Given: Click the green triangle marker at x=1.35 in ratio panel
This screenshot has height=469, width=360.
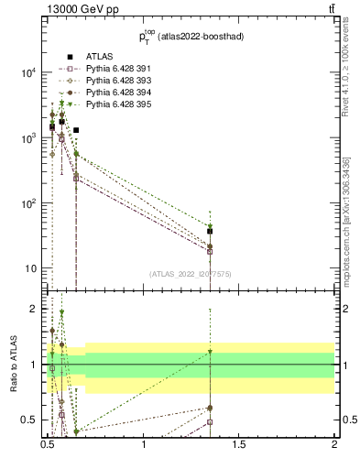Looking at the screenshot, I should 210,352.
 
